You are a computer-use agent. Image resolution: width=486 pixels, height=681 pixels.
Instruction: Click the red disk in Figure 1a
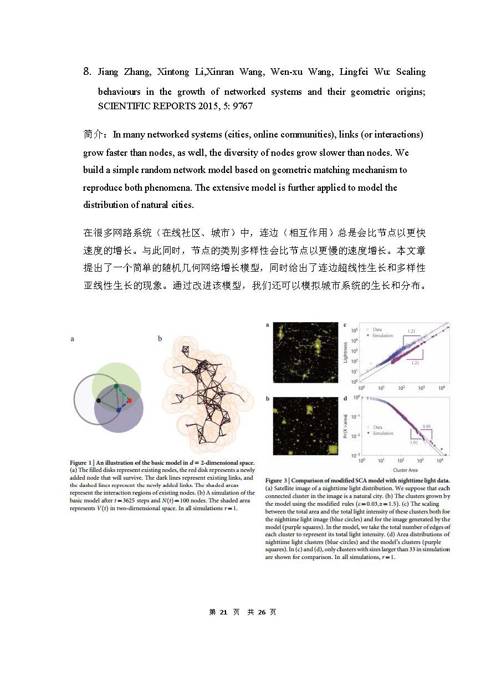click(x=129, y=400)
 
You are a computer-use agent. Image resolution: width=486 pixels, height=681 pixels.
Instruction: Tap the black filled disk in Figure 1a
click(x=99, y=400)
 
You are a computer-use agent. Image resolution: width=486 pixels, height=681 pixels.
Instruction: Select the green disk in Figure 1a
click(x=116, y=386)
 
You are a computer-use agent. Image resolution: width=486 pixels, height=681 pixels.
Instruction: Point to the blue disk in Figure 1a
click(x=119, y=410)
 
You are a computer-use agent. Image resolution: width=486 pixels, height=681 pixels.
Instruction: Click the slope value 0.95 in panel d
click(x=427, y=426)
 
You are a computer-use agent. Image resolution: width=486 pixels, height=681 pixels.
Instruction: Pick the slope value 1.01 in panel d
click(x=414, y=443)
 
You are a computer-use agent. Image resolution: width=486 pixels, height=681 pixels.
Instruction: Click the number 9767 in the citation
click(x=242, y=105)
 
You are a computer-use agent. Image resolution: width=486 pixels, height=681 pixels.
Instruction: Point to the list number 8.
click(x=86, y=72)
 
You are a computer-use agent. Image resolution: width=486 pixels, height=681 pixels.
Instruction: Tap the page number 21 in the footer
click(x=224, y=612)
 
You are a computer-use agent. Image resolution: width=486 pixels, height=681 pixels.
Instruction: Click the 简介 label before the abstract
click(x=94, y=134)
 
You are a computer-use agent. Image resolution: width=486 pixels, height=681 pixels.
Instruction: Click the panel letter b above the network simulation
click(x=160, y=338)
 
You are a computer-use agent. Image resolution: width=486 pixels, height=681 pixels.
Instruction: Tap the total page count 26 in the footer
click(x=262, y=612)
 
